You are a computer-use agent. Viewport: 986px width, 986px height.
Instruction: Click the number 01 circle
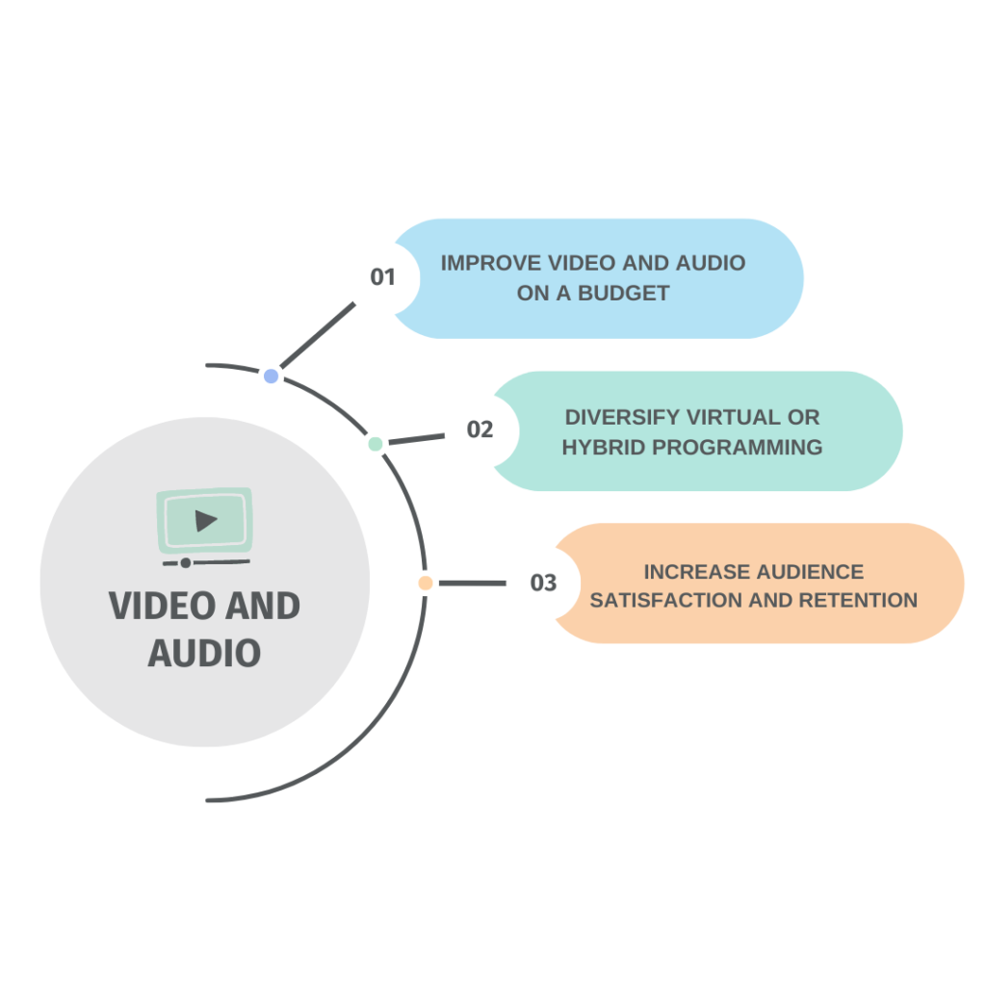coord(382,277)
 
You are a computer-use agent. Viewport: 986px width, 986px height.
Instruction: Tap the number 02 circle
coord(480,429)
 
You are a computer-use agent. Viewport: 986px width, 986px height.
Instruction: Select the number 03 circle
coord(543,583)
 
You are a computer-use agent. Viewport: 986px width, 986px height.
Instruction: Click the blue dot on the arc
coord(272,376)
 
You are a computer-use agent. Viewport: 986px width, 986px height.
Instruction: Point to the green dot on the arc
coord(376,443)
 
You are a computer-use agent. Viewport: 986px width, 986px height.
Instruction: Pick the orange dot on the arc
coord(425,583)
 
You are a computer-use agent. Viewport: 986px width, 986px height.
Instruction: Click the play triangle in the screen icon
coord(205,521)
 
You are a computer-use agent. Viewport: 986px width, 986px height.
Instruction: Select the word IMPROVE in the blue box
coord(490,263)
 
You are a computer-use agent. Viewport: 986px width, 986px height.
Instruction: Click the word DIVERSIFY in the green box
coord(622,417)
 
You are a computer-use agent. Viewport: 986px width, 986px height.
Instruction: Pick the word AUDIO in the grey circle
coord(204,653)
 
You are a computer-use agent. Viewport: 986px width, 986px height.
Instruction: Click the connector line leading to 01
coord(317,339)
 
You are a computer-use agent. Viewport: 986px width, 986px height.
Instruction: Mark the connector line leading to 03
coord(472,583)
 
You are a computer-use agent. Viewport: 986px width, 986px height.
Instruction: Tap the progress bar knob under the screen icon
coord(185,562)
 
